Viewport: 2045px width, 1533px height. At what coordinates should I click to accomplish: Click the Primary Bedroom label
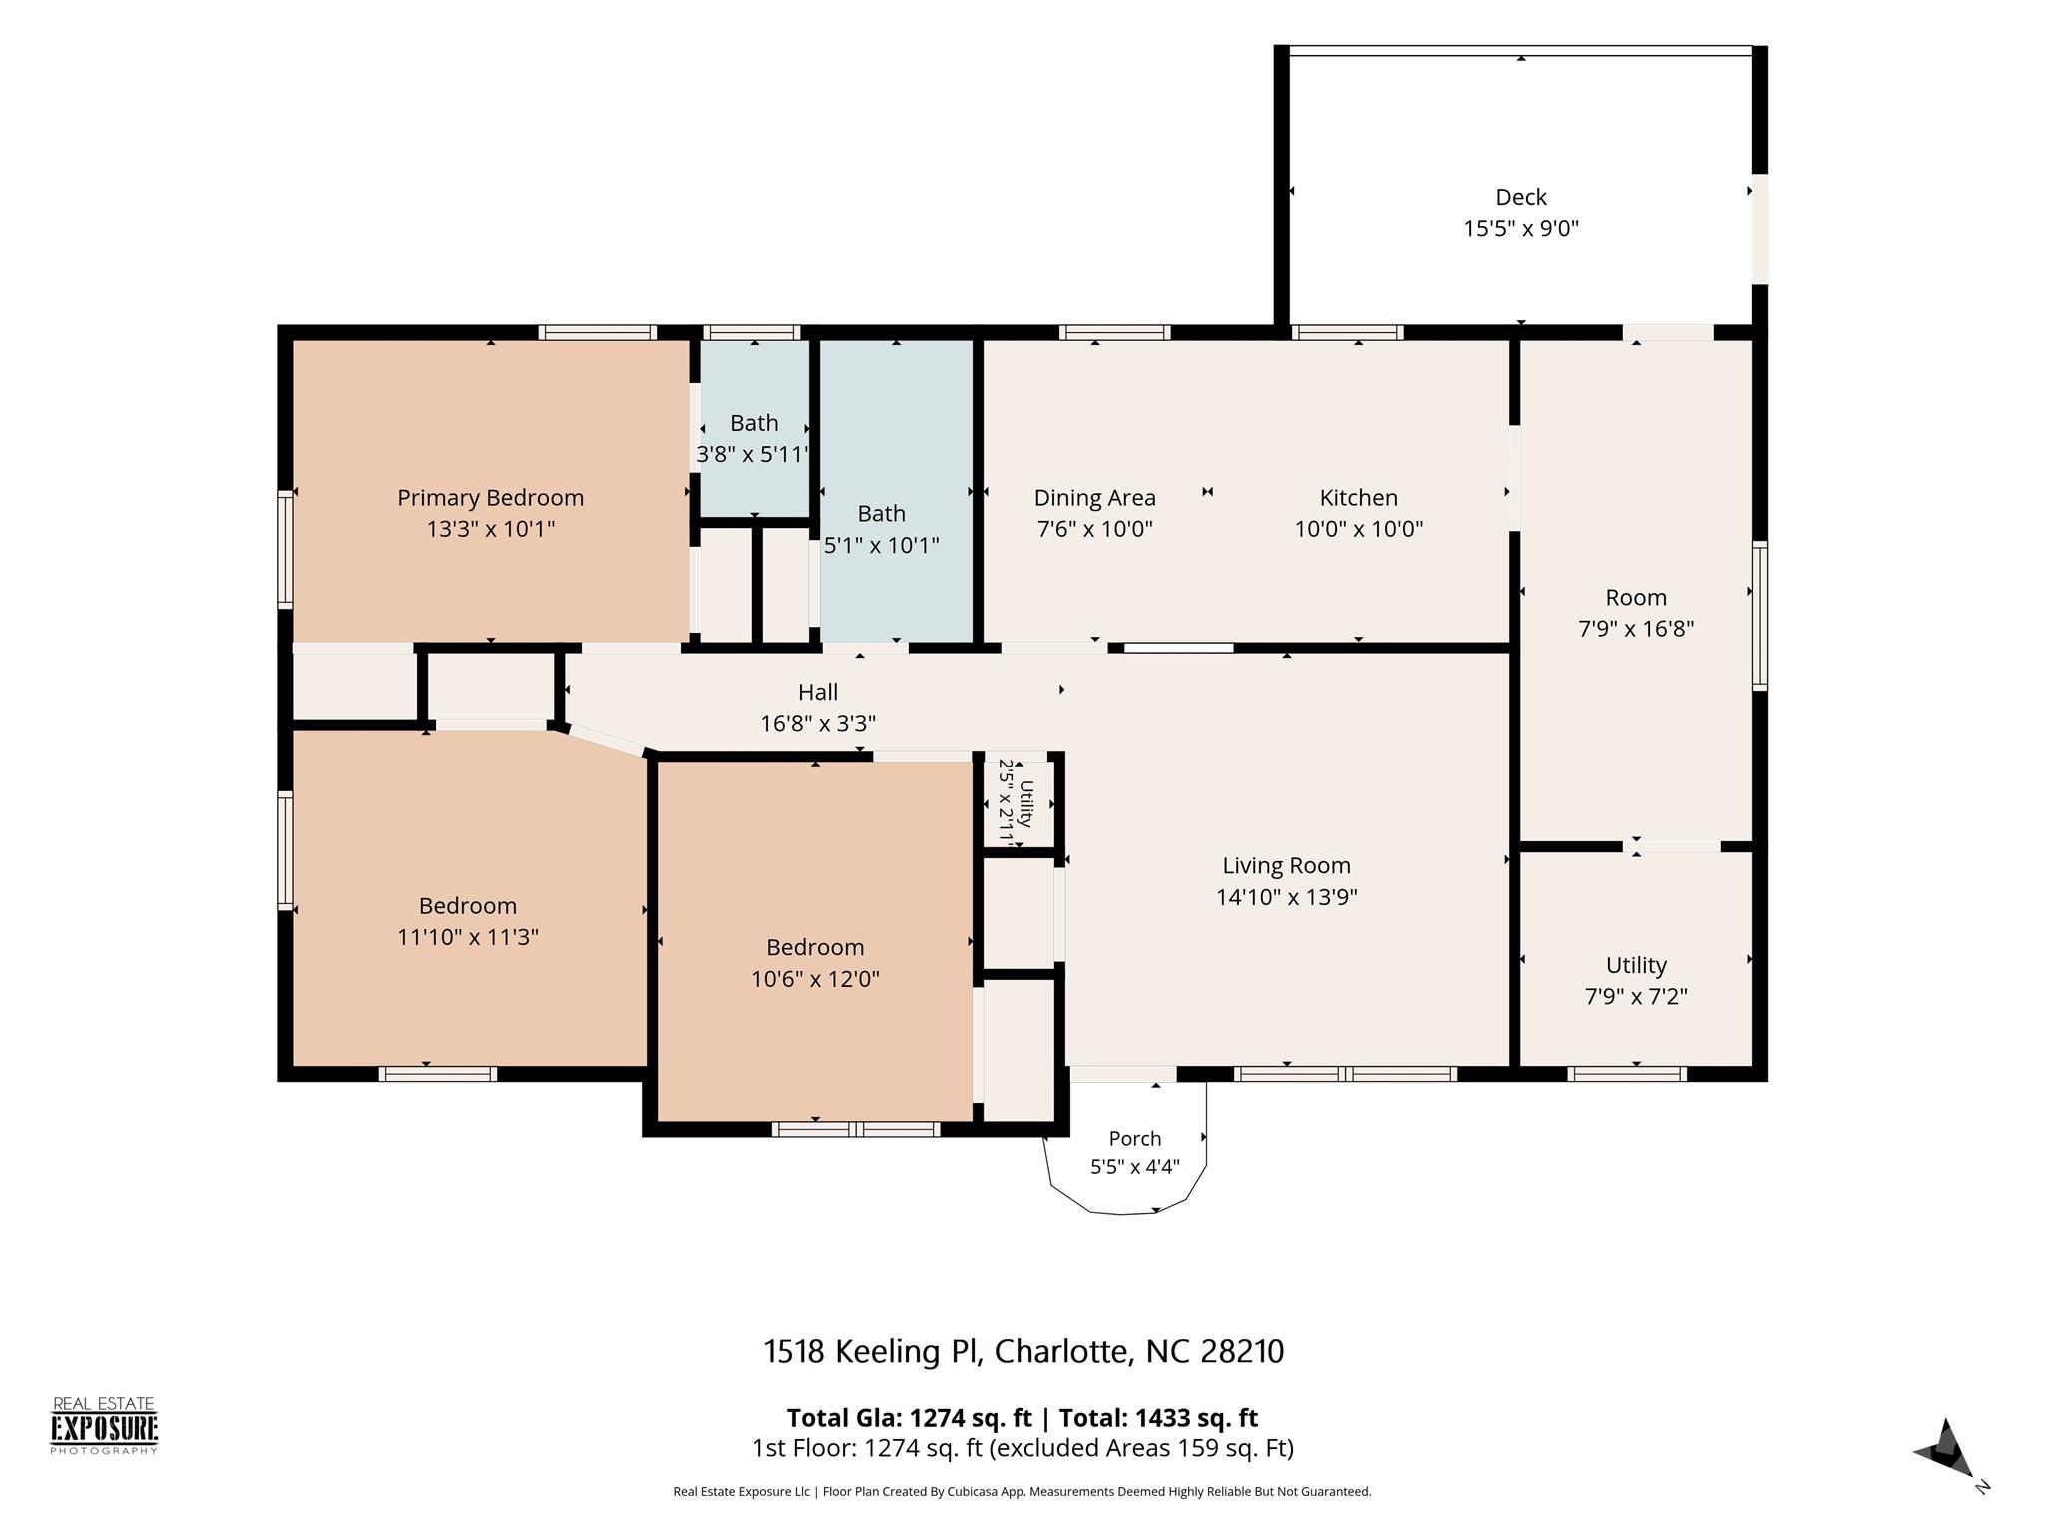pos(490,497)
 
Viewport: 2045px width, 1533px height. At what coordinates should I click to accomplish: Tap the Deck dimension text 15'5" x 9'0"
pos(1521,228)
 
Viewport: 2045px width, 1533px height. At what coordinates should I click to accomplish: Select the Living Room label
pos(1286,865)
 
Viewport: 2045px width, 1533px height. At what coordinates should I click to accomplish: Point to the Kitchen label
pos(1358,497)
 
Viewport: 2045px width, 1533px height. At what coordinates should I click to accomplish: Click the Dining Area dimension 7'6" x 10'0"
pos(1095,529)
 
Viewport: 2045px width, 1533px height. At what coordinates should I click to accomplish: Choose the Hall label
pos(818,691)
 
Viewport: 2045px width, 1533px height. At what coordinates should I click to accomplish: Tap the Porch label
pos(1135,1138)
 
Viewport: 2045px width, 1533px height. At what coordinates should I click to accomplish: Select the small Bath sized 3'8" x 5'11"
pos(754,429)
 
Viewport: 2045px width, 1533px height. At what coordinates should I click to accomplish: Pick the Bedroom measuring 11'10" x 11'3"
pos(468,898)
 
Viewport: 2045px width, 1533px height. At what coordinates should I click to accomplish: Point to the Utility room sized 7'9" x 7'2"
pos(1636,959)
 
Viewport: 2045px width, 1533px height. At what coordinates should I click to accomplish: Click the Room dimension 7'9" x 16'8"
pos(1636,629)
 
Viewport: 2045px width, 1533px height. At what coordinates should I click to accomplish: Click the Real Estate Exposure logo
pos(104,1426)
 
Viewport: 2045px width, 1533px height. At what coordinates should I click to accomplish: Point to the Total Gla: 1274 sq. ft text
pos(909,1417)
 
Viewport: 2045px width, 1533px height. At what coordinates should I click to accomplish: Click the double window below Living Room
pos(1345,1074)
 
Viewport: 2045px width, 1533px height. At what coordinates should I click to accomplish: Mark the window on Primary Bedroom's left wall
pos(285,549)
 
